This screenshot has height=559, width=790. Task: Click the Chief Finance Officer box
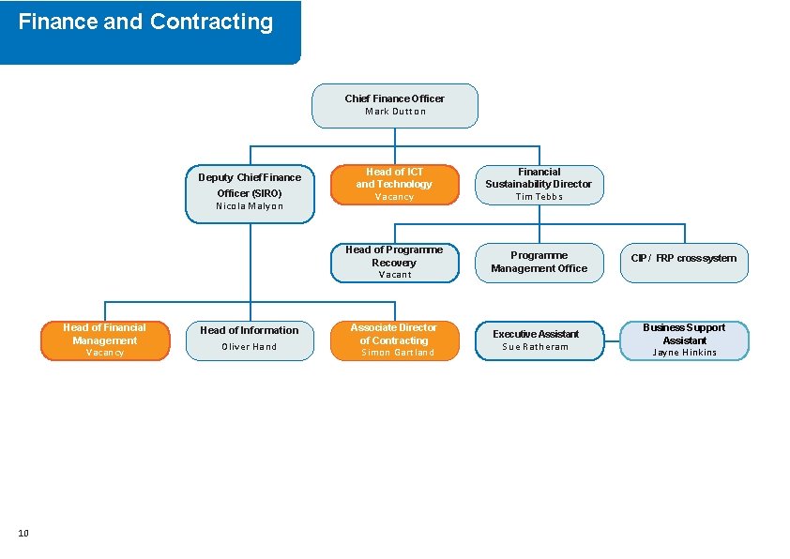(394, 105)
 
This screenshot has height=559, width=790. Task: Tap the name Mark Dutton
(395, 112)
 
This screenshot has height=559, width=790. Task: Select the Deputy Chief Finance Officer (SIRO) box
(250, 194)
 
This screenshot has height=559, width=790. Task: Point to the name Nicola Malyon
(250, 206)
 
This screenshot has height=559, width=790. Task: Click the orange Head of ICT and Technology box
(394, 184)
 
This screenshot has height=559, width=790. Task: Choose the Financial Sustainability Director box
(539, 184)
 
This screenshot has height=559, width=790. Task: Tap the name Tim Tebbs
(539, 197)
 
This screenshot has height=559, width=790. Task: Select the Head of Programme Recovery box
(394, 263)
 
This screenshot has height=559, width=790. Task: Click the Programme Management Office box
(539, 262)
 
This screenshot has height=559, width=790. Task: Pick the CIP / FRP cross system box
(684, 263)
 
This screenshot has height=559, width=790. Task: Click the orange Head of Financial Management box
(105, 340)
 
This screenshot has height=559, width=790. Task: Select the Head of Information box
(250, 340)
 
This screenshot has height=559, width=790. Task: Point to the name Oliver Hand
(250, 347)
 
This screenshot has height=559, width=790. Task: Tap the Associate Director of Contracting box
(394, 340)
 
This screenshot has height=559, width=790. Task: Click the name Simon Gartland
(398, 353)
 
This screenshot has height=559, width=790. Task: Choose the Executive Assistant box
(539, 340)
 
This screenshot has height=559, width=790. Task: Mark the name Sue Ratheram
(535, 347)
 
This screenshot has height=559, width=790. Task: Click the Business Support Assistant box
(684, 340)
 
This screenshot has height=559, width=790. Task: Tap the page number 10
(23, 534)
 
